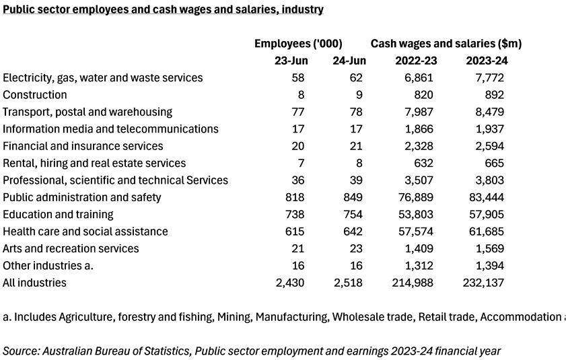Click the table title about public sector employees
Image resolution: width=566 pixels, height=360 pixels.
[163, 9]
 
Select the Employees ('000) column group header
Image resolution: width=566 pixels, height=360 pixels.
[298, 44]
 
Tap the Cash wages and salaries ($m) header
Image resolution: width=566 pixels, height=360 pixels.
[446, 44]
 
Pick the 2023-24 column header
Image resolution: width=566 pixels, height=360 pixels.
[487, 61]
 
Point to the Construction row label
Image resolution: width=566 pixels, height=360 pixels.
[35, 95]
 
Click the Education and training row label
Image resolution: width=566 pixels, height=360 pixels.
[58, 215]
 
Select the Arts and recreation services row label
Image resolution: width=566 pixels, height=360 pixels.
[71, 248]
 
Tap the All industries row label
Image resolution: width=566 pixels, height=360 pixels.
[34, 283]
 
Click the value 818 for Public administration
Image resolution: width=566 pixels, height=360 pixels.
[295, 197]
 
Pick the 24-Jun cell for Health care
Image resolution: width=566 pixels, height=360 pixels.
[353, 231]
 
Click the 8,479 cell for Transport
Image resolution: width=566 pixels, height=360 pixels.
[489, 112]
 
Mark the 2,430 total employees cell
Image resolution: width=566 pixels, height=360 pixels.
[290, 283]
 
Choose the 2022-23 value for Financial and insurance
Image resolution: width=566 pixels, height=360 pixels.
[419, 146]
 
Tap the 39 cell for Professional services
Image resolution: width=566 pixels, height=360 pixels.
[356, 180]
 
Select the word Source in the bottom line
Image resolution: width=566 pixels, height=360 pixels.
[19, 351]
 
